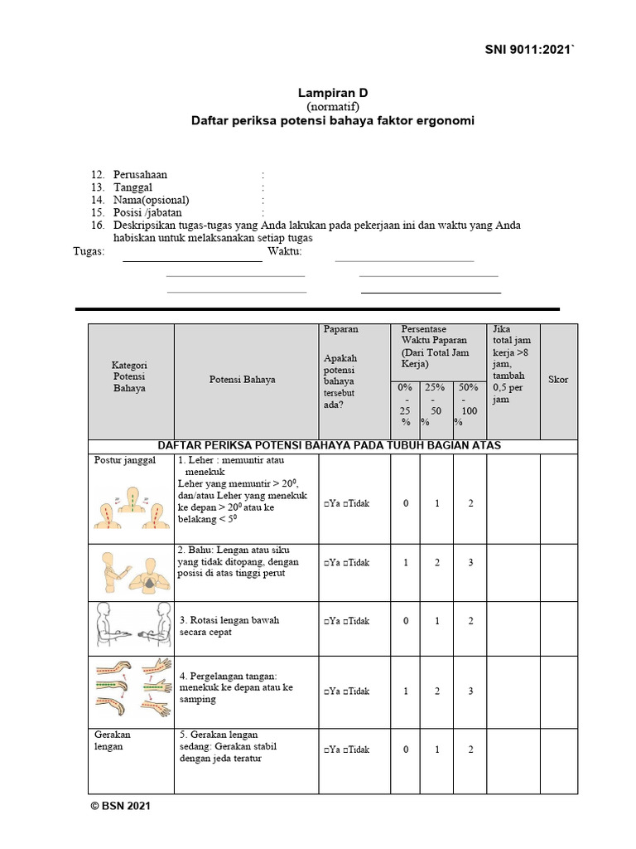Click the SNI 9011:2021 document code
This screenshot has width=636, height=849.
click(528, 51)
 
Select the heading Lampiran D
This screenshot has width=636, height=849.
click(332, 95)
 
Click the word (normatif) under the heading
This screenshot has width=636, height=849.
click(332, 108)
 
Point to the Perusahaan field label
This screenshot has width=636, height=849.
click(140, 175)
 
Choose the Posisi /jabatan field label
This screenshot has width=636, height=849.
click(147, 212)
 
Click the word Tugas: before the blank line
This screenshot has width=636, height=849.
click(89, 252)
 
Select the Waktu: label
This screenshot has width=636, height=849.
click(284, 252)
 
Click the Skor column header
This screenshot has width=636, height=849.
click(558, 380)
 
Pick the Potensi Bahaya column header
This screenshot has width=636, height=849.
click(242, 380)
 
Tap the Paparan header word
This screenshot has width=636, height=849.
click(341, 329)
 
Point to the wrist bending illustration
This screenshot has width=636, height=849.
click(130, 687)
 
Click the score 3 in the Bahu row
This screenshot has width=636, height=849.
click(470, 563)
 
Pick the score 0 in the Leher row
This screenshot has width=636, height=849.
click(406, 503)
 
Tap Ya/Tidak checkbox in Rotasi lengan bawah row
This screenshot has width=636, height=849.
click(347, 621)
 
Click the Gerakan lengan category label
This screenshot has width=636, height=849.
click(113, 740)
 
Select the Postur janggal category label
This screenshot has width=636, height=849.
click(125, 461)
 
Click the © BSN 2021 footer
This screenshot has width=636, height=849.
click(120, 805)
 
